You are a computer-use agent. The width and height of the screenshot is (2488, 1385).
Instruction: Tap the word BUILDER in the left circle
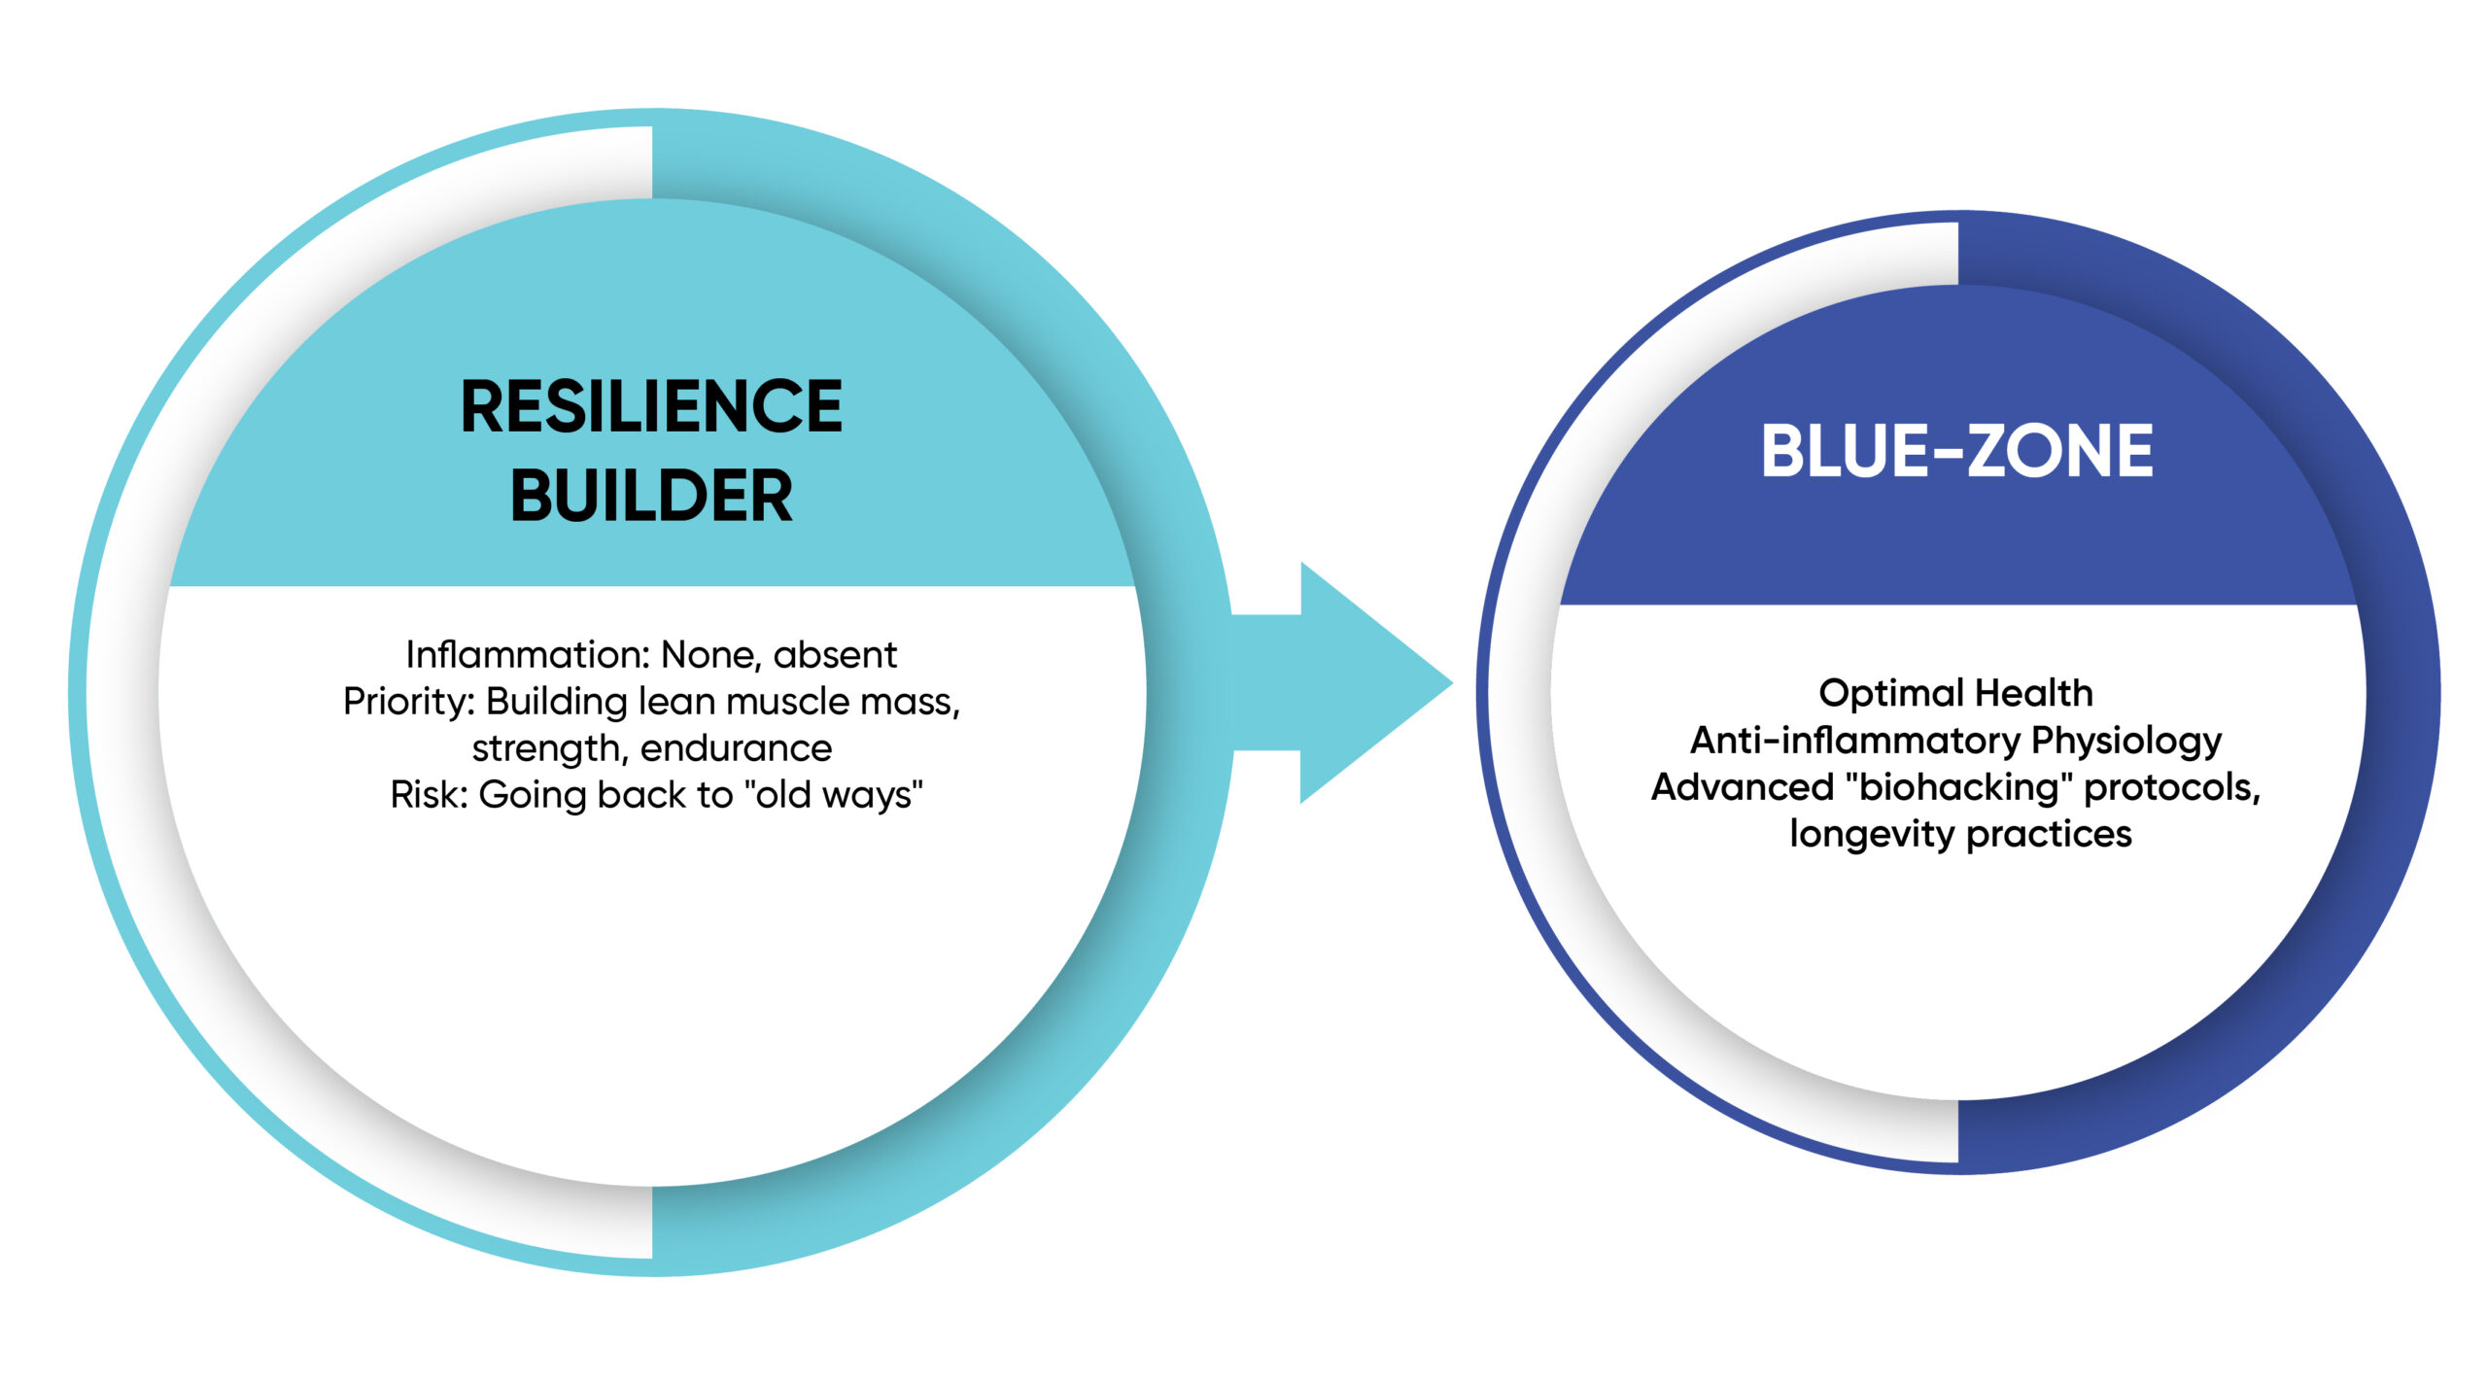point(651,496)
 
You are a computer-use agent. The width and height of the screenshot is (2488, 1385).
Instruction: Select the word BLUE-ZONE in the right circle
point(1957,451)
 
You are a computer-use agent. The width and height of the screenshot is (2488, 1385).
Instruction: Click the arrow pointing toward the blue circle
point(1341,682)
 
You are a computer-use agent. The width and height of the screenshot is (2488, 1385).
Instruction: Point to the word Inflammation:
point(529,655)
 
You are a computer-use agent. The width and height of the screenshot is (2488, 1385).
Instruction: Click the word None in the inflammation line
point(712,656)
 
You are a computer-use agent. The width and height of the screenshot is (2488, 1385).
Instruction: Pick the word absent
point(835,655)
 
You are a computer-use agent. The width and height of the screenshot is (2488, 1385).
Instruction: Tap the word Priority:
point(408,702)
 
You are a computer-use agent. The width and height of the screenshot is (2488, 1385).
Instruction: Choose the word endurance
point(736,748)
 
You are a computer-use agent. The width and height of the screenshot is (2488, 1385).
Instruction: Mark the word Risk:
point(430,795)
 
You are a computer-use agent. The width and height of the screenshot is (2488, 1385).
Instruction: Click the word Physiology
point(2126,741)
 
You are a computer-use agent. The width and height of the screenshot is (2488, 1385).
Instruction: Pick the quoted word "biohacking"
point(1958,787)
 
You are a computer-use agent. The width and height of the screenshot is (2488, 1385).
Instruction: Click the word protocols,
point(2173,788)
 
